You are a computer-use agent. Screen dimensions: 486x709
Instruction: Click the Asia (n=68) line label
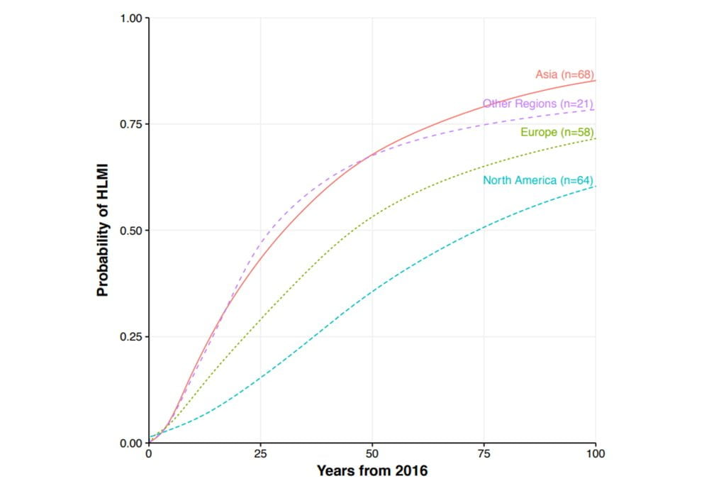point(564,74)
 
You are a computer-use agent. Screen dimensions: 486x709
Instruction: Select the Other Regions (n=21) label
point(537,104)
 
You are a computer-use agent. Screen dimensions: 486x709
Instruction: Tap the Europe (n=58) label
point(557,132)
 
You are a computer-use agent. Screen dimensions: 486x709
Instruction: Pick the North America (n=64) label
point(537,180)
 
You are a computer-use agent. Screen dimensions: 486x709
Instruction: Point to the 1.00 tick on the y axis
point(131,18)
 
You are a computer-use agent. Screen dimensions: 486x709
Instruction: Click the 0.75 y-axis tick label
point(131,124)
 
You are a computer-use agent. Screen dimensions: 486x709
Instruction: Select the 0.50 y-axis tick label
point(131,231)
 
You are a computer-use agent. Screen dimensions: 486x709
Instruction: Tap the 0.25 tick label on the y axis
point(131,337)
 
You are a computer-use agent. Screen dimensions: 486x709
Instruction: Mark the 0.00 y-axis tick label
point(131,443)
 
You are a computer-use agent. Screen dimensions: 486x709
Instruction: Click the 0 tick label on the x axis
point(149,453)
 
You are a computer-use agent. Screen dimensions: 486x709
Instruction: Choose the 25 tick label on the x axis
point(260,453)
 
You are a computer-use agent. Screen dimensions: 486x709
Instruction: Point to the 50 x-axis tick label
point(372,453)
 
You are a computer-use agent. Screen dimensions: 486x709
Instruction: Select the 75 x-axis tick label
point(484,453)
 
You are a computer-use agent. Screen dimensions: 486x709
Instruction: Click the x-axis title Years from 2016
point(372,470)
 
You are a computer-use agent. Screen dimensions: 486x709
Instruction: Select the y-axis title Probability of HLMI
point(103,231)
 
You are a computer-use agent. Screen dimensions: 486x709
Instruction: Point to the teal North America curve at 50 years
point(372,292)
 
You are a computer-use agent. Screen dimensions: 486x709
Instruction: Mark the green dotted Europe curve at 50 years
point(372,216)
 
